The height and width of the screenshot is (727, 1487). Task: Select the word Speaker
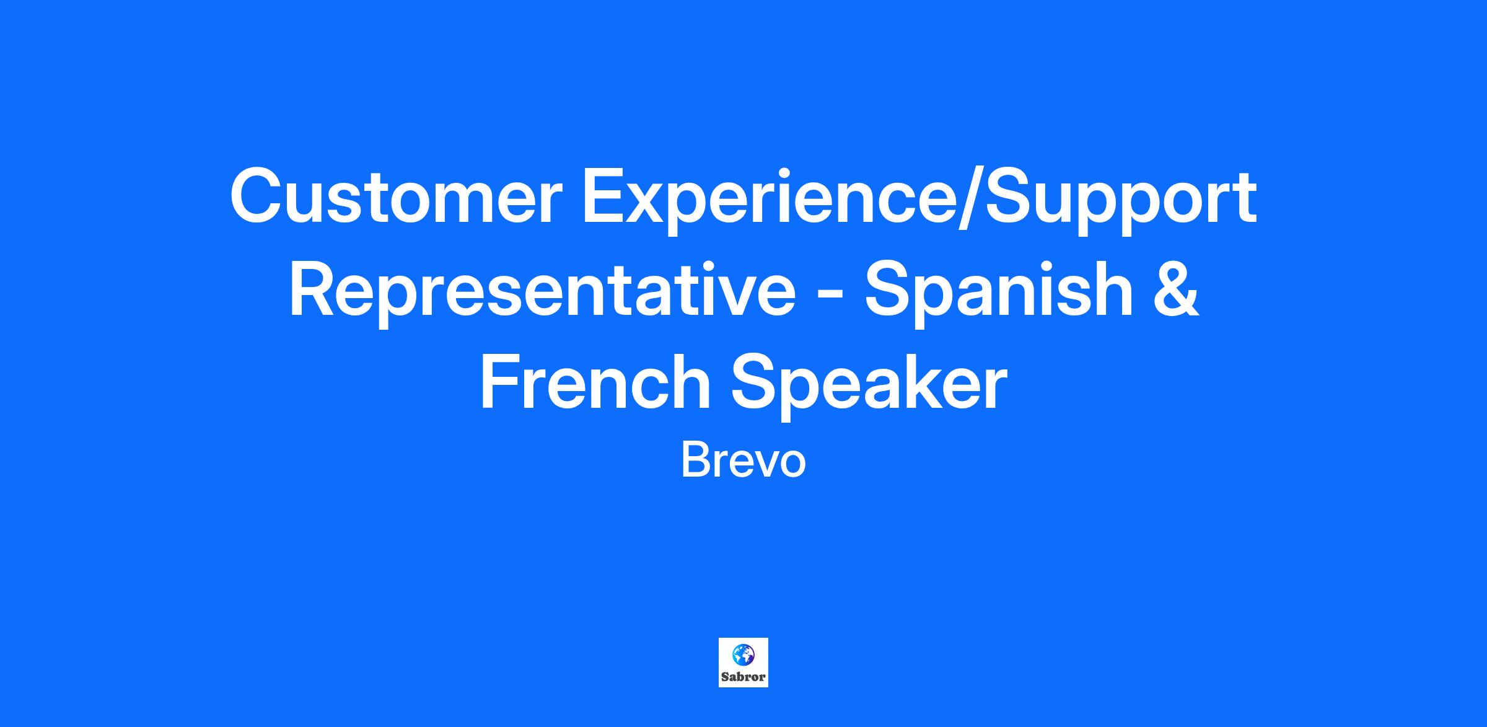tap(869, 387)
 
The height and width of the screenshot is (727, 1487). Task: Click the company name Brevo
tap(743, 460)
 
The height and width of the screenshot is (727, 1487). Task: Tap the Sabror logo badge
tap(743, 663)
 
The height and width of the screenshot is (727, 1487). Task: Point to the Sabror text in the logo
tap(743, 677)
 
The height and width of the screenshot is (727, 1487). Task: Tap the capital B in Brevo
tap(695, 460)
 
